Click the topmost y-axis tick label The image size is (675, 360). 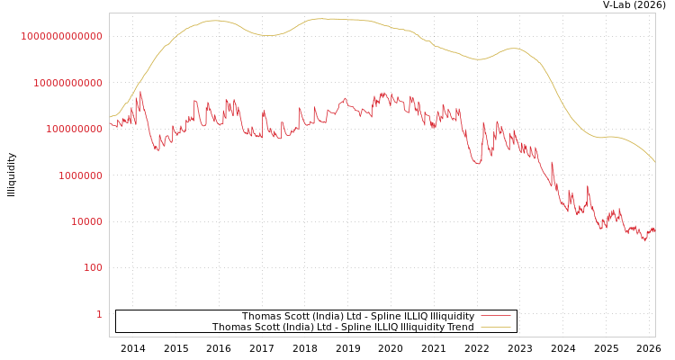click(x=61, y=36)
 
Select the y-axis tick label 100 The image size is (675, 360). click(x=93, y=267)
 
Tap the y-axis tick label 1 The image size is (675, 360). click(x=99, y=314)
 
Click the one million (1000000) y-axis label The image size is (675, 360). click(x=77, y=175)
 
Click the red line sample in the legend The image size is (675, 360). click(x=495, y=316)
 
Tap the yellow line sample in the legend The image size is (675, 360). click(x=495, y=327)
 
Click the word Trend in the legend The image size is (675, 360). click(x=460, y=327)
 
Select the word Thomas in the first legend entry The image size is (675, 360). click(x=262, y=316)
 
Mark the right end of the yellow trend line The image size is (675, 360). click(x=654, y=161)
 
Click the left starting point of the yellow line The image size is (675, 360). click(x=110, y=117)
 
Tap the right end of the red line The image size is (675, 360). click(x=654, y=229)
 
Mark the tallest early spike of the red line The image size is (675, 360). click(x=140, y=92)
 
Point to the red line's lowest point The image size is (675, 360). click(x=643, y=240)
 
